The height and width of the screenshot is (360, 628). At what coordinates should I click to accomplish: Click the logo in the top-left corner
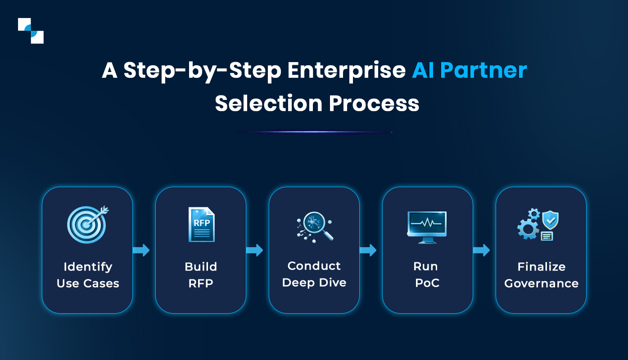pyautogui.click(x=31, y=31)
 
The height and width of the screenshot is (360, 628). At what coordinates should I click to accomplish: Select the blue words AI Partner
pyautogui.click(x=470, y=71)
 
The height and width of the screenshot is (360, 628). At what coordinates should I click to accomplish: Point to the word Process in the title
pyautogui.click(x=374, y=103)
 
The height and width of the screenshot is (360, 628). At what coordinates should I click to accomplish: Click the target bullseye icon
pyautogui.click(x=87, y=224)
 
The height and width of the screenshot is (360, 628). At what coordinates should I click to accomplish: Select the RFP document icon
pyautogui.click(x=201, y=225)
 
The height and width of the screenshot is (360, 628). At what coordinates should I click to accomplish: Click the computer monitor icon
pyautogui.click(x=426, y=227)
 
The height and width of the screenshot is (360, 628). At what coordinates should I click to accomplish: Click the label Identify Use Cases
pyautogui.click(x=88, y=275)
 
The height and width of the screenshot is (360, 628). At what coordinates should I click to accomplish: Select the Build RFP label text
pyautogui.click(x=201, y=275)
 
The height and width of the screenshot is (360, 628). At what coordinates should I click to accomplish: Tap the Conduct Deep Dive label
pyautogui.click(x=314, y=274)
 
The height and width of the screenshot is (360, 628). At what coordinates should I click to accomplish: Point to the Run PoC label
pyautogui.click(x=426, y=274)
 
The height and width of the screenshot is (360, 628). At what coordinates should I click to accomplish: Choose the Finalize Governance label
pyautogui.click(x=541, y=275)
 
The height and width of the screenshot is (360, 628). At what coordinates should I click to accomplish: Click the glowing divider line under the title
pyautogui.click(x=314, y=132)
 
